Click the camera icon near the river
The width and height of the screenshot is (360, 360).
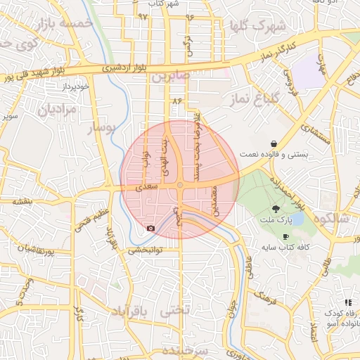[x=150, y=229]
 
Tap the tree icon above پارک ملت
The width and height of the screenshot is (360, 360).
[x=276, y=209]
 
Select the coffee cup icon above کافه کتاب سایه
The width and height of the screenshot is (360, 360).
[x=285, y=236]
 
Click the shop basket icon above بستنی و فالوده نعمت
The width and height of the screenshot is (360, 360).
[x=273, y=144]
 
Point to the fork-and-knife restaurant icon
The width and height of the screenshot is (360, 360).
[x=348, y=302]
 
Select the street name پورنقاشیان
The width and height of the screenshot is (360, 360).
[x=33, y=249]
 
